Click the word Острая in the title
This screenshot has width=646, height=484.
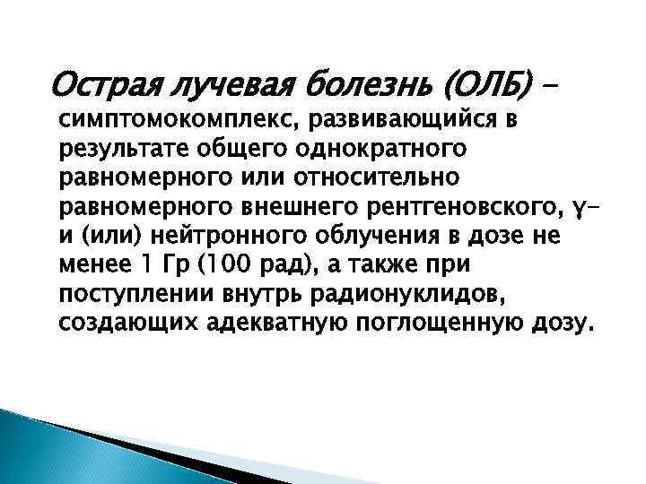pos(106,87)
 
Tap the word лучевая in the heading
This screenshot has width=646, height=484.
pos(231,87)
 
